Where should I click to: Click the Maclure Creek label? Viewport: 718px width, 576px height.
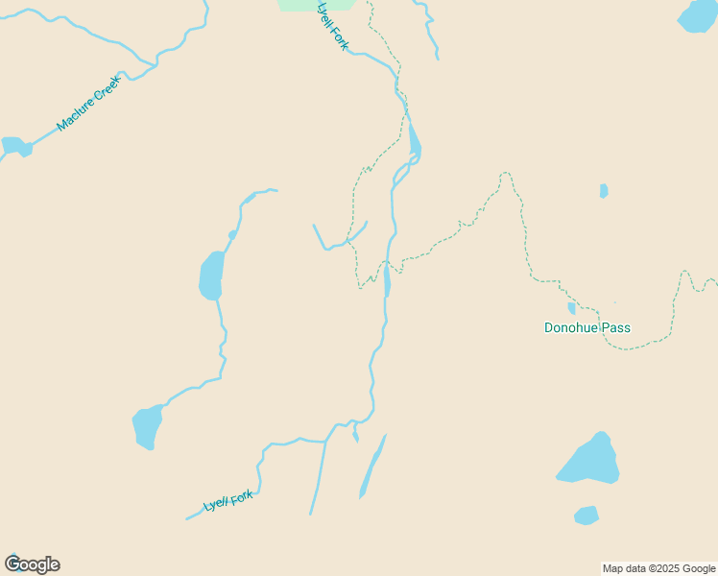pos(88,103)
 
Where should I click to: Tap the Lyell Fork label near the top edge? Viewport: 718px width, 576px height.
pos(332,26)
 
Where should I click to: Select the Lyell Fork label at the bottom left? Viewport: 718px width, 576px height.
pos(227,501)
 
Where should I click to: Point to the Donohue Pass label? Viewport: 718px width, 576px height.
pos(586,327)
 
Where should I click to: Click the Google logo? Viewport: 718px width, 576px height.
pos(32,564)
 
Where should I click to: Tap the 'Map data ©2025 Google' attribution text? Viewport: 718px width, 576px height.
pos(658,568)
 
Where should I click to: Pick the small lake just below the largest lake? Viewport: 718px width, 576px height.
pos(586,516)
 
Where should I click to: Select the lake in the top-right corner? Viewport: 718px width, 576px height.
pos(698,15)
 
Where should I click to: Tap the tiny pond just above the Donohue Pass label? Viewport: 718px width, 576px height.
pos(572,308)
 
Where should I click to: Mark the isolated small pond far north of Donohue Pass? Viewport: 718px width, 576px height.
pos(604,191)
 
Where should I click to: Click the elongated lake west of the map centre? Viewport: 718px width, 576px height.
pos(211,276)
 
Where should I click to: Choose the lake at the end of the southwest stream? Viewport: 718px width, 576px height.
pos(147,427)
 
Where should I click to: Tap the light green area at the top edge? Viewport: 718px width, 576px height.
pos(316,5)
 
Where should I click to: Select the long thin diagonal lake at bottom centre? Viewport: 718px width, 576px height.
pos(372,468)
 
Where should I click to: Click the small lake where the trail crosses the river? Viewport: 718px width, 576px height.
pos(387,281)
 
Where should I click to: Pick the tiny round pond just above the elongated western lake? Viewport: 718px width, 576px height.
pos(232,234)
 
